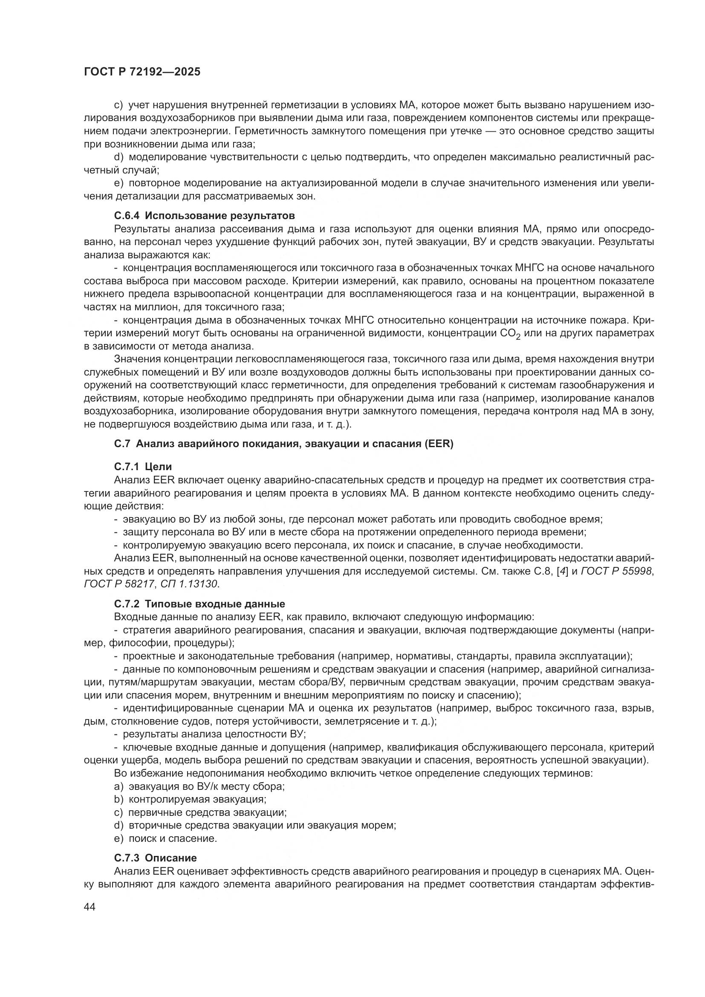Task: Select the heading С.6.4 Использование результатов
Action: coord(205,216)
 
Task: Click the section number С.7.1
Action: coord(127,467)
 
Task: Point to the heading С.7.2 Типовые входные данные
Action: coord(199,604)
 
